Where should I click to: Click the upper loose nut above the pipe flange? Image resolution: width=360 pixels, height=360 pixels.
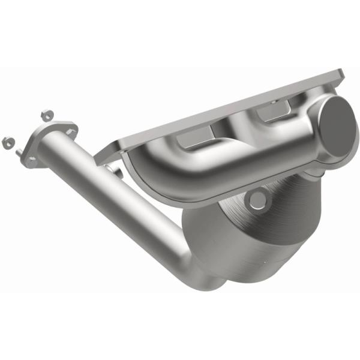point(46,115)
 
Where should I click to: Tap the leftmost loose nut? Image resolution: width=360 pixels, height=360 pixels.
point(8,142)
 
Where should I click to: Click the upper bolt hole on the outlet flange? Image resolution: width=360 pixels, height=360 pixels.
point(73,127)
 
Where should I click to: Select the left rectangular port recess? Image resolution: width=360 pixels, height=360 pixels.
point(193,142)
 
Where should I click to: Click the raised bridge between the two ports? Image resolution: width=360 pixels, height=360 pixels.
point(234,129)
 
